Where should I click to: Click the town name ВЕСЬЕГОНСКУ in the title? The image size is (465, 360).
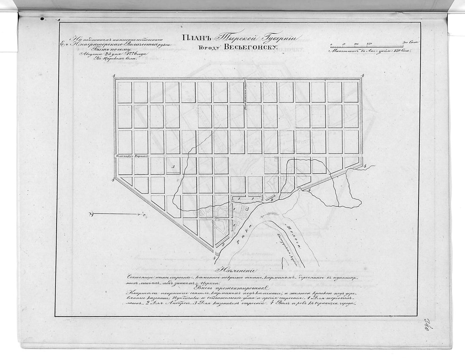(250, 47)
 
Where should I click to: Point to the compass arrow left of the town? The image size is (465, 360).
(118, 215)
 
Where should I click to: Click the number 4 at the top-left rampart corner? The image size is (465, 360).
(115, 76)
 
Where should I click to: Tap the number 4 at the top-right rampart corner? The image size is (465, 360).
(363, 76)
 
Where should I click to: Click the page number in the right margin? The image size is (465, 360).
(434, 327)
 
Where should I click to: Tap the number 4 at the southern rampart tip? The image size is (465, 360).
(215, 257)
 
